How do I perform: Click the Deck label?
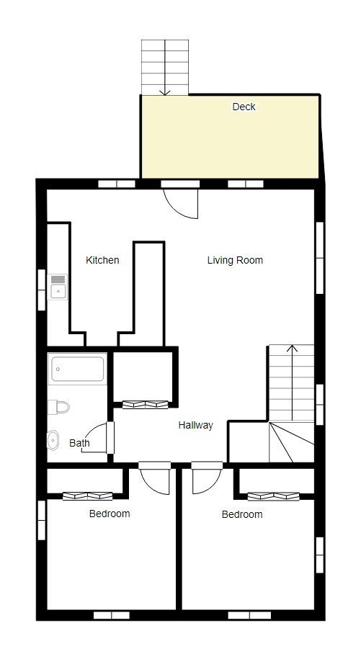tap(244, 107)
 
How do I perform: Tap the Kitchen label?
tap(102, 260)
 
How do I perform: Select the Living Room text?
tap(235, 260)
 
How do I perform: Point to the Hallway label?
tap(196, 426)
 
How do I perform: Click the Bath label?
tap(79, 443)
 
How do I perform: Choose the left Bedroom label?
tap(110, 514)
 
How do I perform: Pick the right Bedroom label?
tap(242, 514)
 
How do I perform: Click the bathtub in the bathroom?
tap(78, 370)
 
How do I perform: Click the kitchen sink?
tap(58, 285)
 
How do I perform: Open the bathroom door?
tap(101, 439)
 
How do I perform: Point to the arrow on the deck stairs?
tap(166, 90)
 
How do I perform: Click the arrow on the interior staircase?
tap(292, 350)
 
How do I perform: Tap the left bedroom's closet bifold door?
tap(87, 496)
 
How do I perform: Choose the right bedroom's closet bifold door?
tap(273, 496)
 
